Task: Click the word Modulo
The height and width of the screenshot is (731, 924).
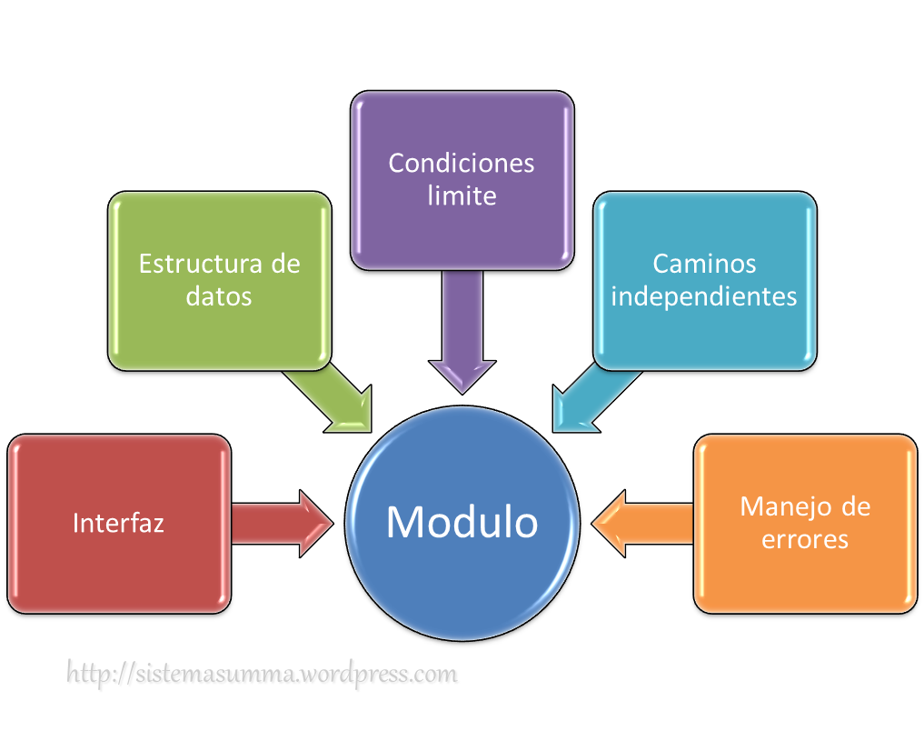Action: tap(462, 522)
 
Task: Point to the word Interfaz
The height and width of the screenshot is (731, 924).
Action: tap(118, 523)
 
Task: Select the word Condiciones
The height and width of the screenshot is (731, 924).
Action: tap(462, 164)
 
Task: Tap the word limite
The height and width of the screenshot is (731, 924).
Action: tap(462, 195)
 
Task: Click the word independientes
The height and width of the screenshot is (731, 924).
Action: tap(704, 296)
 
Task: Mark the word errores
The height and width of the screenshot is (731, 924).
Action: tap(805, 539)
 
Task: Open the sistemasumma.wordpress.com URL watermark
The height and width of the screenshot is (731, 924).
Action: tap(263, 675)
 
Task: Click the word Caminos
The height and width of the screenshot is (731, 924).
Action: tap(704, 264)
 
